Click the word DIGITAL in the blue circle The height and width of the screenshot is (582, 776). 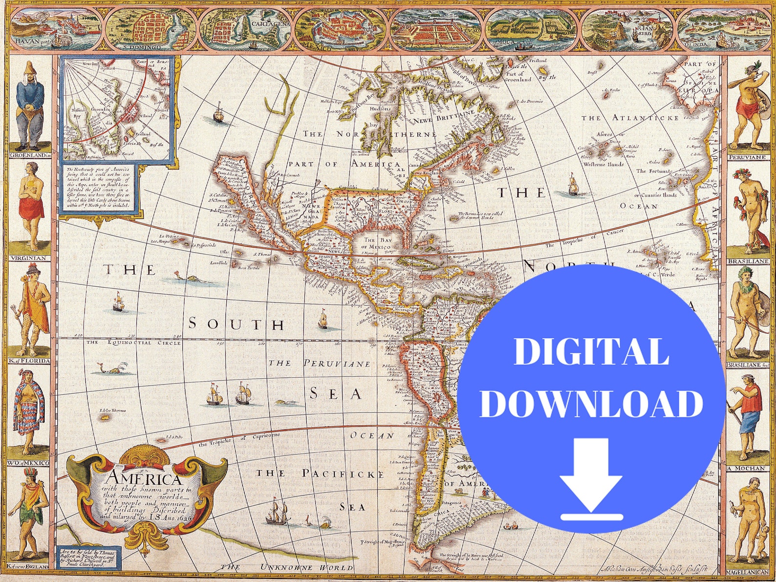click(591, 352)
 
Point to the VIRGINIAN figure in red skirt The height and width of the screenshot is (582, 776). click(31, 205)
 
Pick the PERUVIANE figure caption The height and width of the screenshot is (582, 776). click(747, 157)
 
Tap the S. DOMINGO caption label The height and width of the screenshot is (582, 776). click(142, 47)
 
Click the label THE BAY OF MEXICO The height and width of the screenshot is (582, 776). click(377, 243)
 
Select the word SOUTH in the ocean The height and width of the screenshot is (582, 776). click(237, 324)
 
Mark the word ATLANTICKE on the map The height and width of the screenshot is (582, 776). click(645, 118)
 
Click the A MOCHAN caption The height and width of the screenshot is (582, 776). click(746, 468)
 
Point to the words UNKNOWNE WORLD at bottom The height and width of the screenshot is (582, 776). click(306, 567)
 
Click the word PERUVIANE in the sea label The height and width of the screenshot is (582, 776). click(337, 363)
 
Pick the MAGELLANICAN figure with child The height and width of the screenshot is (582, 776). click(747, 523)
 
